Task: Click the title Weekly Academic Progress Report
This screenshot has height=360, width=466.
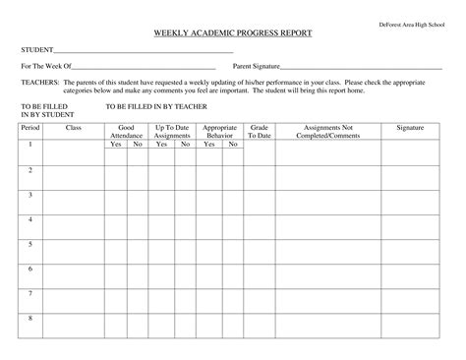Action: point(232,33)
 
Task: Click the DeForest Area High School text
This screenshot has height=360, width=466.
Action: point(413,21)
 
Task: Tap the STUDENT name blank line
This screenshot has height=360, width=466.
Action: point(143,49)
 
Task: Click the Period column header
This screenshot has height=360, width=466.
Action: point(30,129)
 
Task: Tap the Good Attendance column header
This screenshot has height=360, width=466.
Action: point(127,132)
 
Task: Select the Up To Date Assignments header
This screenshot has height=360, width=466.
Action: point(172,132)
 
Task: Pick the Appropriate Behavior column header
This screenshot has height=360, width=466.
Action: point(219,132)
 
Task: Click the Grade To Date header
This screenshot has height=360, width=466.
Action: point(260,132)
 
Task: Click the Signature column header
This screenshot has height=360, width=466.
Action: point(410,129)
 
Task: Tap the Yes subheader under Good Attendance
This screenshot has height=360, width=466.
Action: point(116,145)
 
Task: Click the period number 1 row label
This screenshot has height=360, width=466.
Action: point(30,145)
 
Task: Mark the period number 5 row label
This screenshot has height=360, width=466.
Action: point(30,243)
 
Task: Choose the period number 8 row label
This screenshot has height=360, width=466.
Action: point(30,317)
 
